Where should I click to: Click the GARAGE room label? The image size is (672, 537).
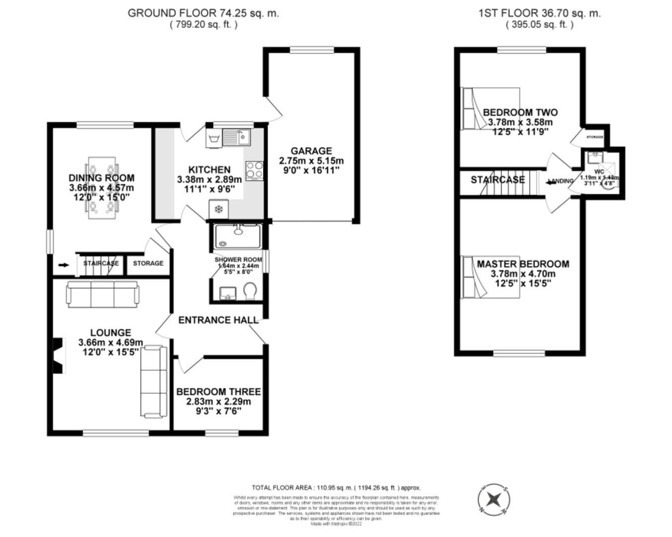point(311,151)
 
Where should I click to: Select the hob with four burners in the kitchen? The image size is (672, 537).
point(254,170)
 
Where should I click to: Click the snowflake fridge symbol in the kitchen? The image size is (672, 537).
point(218,209)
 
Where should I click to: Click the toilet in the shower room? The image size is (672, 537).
point(250,291)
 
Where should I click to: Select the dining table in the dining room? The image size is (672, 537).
point(103,188)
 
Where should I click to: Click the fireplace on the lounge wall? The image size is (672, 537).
point(59,356)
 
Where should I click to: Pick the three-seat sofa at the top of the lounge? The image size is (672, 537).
point(102,294)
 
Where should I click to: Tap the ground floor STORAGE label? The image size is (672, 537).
point(148,263)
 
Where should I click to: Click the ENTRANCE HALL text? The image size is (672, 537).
point(218,320)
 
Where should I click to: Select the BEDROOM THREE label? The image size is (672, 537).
point(218,392)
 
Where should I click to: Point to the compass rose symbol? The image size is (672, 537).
point(494,499)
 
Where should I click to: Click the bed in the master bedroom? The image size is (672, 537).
point(491,277)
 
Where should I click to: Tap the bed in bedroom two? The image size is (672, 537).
point(491,109)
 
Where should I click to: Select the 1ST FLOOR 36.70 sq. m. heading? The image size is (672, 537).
point(539,13)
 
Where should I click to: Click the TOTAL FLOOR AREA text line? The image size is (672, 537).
point(336,488)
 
